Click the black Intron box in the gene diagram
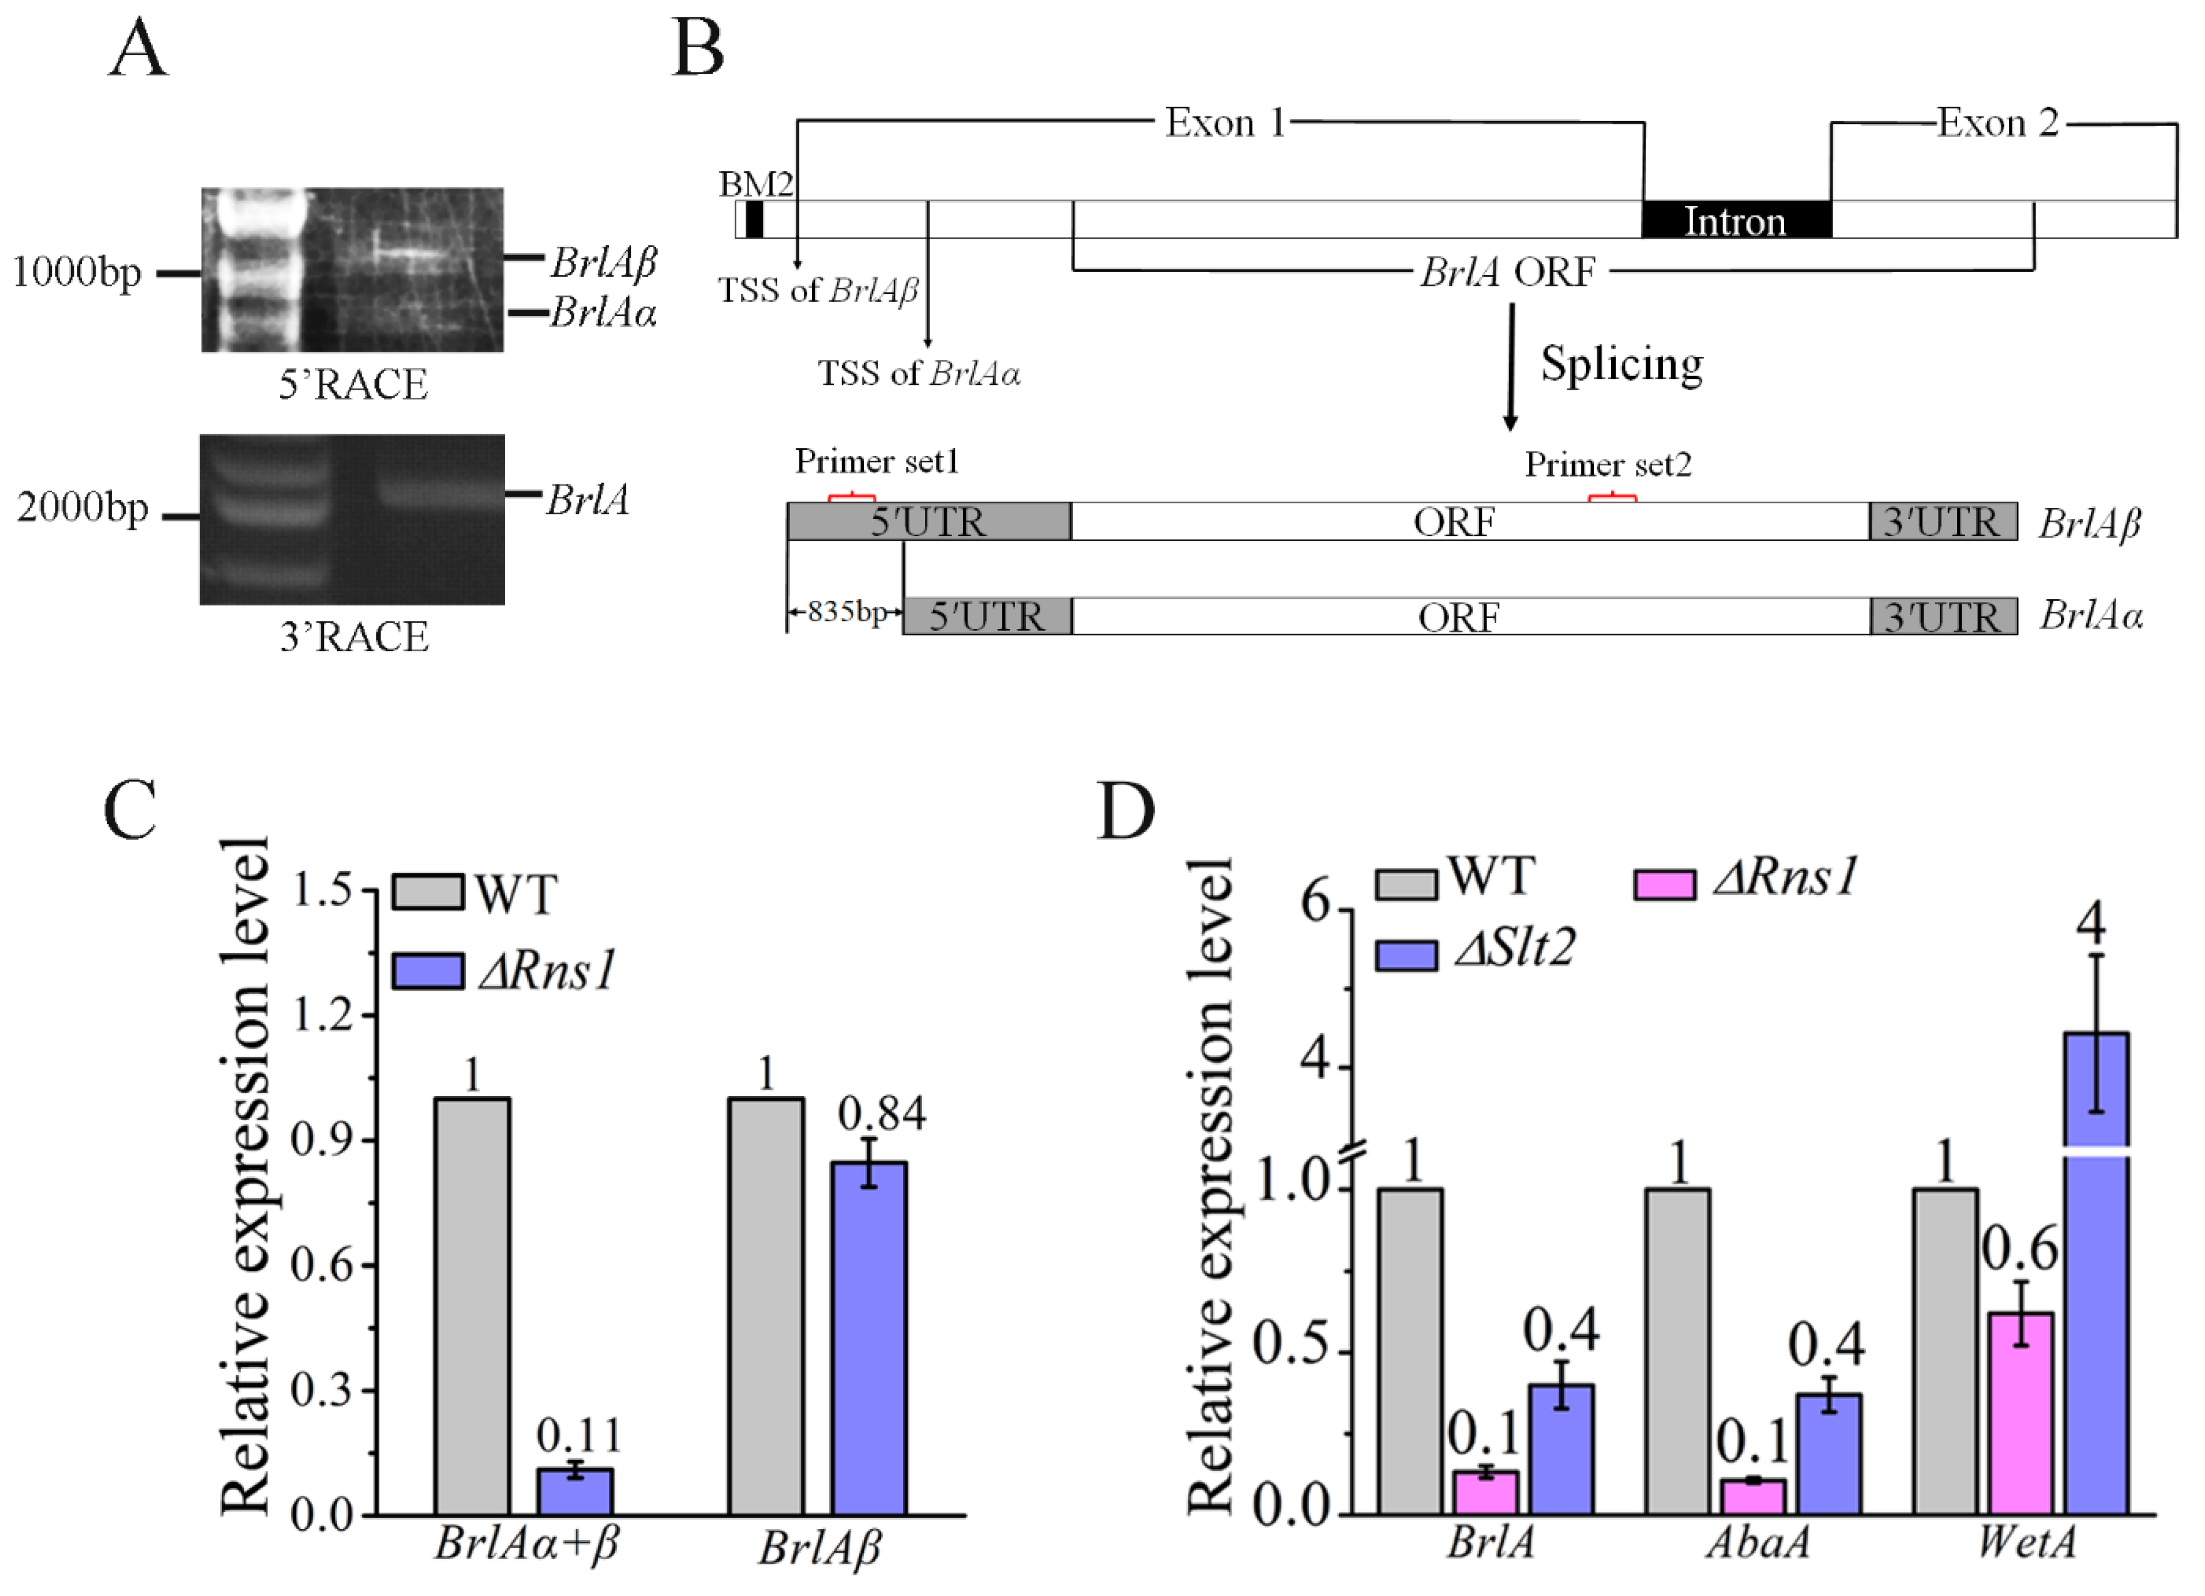tap(1736, 220)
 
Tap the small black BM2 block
tap(754, 220)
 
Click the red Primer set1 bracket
tap(852, 498)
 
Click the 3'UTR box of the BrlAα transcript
tap(1943, 616)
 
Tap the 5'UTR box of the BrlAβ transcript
tap(928, 522)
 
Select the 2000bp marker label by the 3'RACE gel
tap(82, 507)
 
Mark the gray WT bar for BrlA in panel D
tap(1410, 1351)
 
